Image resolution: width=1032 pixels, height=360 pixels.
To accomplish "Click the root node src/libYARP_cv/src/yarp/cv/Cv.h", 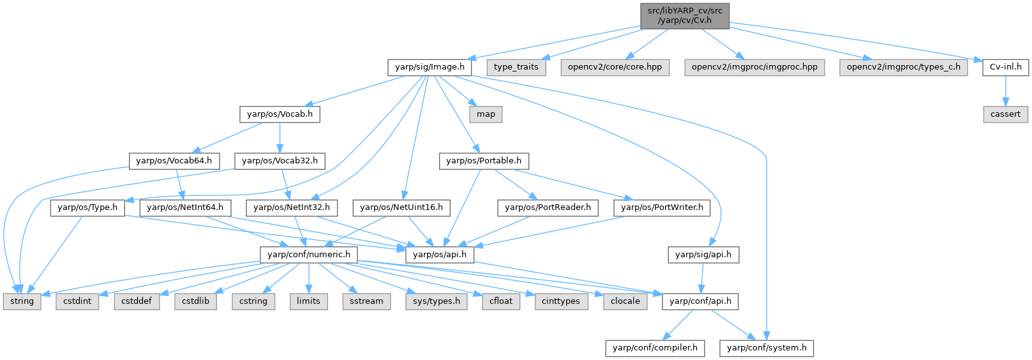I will click(685, 15).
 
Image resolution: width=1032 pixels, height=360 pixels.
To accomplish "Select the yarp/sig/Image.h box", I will click(430, 67).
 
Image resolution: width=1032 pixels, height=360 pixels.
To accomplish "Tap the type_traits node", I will click(516, 67).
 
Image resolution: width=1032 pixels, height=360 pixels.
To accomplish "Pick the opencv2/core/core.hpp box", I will click(615, 67).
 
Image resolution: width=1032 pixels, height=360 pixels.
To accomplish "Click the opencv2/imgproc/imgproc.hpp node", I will click(754, 67).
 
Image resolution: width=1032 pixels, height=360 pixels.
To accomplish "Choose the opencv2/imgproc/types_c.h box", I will click(903, 67).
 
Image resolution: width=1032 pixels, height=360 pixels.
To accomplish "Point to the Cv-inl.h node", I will click(1005, 67).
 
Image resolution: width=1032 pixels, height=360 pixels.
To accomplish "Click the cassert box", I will click(1005, 114).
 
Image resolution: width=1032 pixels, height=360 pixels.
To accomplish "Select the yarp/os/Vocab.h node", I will click(280, 114).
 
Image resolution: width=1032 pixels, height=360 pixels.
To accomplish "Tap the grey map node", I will click(486, 114).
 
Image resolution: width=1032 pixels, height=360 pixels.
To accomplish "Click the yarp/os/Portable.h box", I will click(484, 161).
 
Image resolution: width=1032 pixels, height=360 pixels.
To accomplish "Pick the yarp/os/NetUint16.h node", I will click(401, 207).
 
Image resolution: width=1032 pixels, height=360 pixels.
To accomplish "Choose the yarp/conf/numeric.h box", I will click(309, 255).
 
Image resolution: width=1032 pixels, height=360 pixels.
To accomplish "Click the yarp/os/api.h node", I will click(440, 255).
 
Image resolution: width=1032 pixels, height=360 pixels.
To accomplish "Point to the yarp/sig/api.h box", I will click(703, 255).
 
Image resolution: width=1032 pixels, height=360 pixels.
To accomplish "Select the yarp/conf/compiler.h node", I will click(655, 348).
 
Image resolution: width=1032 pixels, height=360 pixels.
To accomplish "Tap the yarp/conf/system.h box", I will click(767, 348).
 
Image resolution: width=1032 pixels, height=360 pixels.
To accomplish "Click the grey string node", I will click(22, 301).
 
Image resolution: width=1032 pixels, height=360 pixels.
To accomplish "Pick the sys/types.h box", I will click(437, 301).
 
